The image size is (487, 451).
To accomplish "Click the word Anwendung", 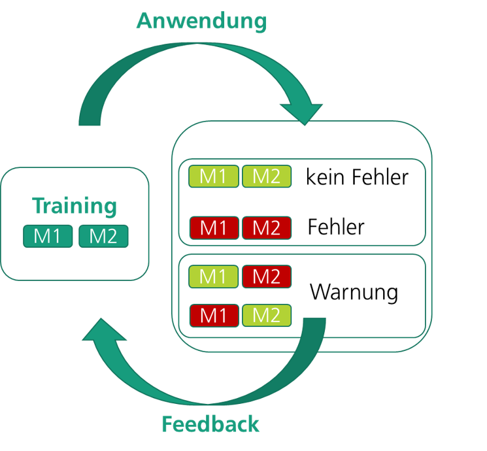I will (x=201, y=21).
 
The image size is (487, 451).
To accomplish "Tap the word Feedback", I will (x=210, y=424).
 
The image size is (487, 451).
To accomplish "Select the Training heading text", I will (x=75, y=206).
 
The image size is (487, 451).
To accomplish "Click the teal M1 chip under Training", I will (x=47, y=236).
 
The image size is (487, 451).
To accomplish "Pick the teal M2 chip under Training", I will (x=103, y=236).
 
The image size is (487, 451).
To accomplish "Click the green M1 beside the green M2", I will (x=214, y=176).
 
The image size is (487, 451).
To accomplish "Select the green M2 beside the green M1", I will (x=267, y=176).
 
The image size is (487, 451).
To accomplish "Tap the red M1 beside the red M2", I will (x=214, y=227).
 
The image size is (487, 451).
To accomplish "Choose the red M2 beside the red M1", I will (x=267, y=227).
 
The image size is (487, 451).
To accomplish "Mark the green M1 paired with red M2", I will (x=214, y=276).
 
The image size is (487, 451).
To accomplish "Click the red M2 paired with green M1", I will (x=267, y=276).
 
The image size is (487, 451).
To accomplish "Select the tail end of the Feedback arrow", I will (x=314, y=323).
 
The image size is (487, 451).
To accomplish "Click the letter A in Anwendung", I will (x=144, y=21).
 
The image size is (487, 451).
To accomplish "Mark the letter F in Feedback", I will (x=167, y=424).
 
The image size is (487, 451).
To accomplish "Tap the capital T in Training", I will (x=39, y=206).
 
